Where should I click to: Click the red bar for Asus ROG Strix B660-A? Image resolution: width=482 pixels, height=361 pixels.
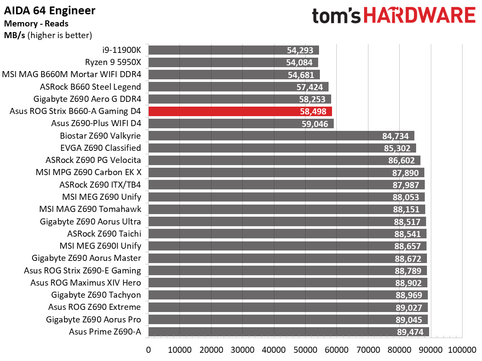click(x=240, y=111)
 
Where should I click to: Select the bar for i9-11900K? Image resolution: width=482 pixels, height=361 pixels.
click(x=234, y=50)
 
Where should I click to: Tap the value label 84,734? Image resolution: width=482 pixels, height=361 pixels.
click(x=395, y=136)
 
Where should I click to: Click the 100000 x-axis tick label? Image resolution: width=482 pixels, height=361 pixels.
click(x=462, y=350)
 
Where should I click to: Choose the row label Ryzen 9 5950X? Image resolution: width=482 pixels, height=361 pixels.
click(x=113, y=62)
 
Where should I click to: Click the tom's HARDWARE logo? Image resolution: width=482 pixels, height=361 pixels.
click(x=394, y=16)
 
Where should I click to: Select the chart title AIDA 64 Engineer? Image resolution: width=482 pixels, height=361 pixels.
click(x=49, y=11)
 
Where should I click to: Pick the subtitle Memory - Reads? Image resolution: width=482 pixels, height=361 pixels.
click(x=36, y=24)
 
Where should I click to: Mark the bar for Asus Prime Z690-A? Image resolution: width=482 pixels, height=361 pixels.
click(x=289, y=332)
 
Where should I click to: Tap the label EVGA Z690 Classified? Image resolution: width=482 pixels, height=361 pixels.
click(x=101, y=148)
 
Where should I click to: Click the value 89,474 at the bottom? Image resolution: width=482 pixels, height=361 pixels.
click(x=410, y=332)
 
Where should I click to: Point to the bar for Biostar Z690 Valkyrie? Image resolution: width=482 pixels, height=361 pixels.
click(x=281, y=136)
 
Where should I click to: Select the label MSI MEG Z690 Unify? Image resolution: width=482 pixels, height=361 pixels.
click(x=102, y=197)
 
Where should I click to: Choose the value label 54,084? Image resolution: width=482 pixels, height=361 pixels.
click(x=299, y=63)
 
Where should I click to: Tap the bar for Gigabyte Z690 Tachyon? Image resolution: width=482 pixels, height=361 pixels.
click(x=288, y=295)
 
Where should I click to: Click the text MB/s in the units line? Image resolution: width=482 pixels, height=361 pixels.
click(x=14, y=36)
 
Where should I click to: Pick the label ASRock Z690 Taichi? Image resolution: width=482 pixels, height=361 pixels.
click(x=104, y=234)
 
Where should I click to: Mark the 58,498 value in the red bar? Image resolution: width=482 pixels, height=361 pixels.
click(x=313, y=111)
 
